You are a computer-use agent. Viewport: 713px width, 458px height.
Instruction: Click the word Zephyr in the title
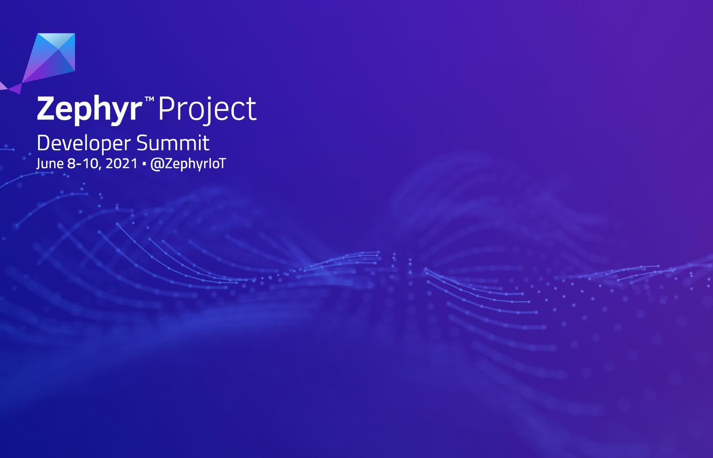tap(89, 110)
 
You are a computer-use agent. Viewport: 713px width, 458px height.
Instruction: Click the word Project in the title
tap(207, 110)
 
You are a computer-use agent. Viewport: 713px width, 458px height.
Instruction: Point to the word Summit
tap(173, 143)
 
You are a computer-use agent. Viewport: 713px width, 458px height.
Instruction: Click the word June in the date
tap(50, 164)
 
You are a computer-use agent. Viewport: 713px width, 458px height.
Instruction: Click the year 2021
tap(121, 164)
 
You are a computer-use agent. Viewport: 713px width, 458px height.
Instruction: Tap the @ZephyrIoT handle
tap(188, 164)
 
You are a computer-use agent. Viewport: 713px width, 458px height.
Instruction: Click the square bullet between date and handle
tap(144, 164)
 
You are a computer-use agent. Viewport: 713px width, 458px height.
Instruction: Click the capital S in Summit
tap(143, 143)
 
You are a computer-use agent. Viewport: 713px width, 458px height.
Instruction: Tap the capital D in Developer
tap(43, 143)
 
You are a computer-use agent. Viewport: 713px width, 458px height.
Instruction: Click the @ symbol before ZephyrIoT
tap(156, 164)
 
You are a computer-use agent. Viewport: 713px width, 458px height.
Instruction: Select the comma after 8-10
tap(99, 168)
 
